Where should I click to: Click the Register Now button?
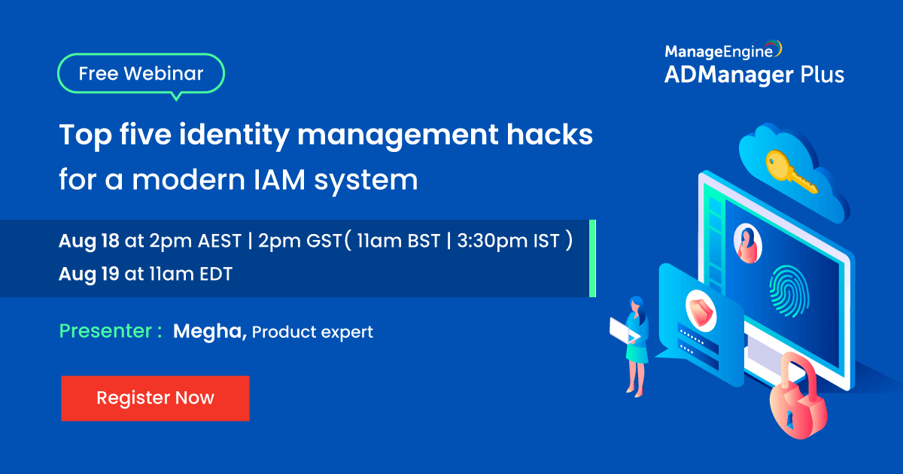[155, 398]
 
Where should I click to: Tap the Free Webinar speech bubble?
[141, 74]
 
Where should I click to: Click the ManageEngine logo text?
[718, 51]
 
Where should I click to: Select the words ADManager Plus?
[753, 74]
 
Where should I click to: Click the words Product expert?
[312, 332]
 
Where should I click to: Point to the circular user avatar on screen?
[747, 243]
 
